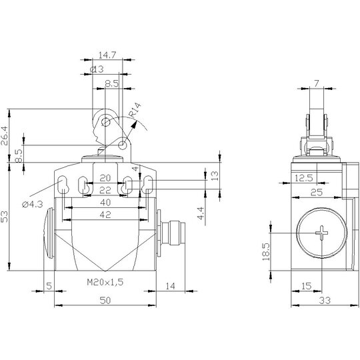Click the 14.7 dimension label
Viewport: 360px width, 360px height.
pyautogui.click(x=107, y=55)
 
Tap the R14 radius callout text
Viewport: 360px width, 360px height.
pyautogui.click(x=135, y=110)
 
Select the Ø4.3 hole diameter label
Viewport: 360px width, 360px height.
pyautogui.click(x=33, y=204)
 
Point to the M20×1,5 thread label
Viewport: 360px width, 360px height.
pyautogui.click(x=105, y=282)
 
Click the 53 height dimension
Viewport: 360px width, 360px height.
pyautogui.click(x=5, y=217)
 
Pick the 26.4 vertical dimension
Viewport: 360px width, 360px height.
pyautogui.click(x=5, y=136)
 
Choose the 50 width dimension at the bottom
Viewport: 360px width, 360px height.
pyautogui.click(x=105, y=300)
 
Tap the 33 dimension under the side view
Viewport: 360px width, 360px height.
pyautogui.click(x=325, y=300)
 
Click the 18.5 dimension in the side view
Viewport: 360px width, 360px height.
pyautogui.click(x=265, y=252)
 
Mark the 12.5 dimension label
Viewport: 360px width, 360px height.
pyautogui.click(x=303, y=178)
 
